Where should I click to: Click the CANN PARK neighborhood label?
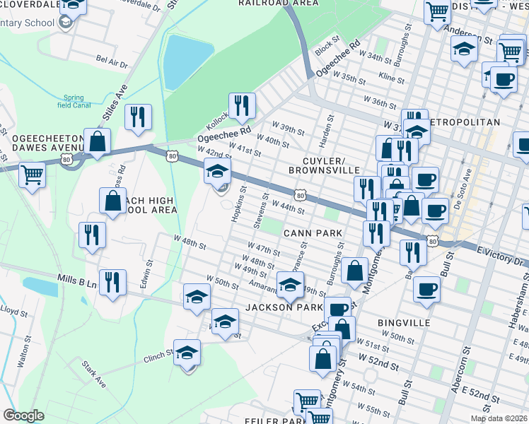(x=313, y=232)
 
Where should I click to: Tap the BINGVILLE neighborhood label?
(x=404, y=322)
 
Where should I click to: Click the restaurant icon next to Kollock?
(x=242, y=105)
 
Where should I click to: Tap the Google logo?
(x=23, y=416)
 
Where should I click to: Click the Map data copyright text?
(x=498, y=418)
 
